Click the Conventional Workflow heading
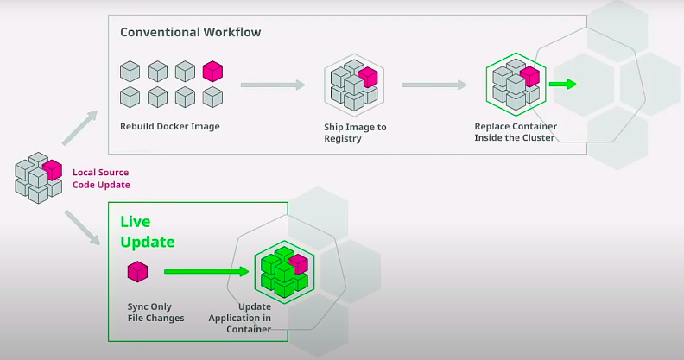click(x=190, y=32)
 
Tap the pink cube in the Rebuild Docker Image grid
click(x=212, y=71)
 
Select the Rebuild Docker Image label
click(x=169, y=126)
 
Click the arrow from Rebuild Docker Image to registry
click(x=273, y=85)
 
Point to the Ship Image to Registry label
click(x=355, y=132)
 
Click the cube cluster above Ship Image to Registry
click(x=354, y=85)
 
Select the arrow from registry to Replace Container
click(x=434, y=85)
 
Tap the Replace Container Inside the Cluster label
click(x=516, y=132)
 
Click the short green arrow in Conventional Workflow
click(x=563, y=84)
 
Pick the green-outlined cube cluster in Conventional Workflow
click(x=516, y=85)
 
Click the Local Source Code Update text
click(x=101, y=179)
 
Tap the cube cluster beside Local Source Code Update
click(x=38, y=178)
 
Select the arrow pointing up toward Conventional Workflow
click(x=79, y=128)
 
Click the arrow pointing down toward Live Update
click(x=82, y=227)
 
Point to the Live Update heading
click(x=148, y=232)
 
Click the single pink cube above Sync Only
click(x=138, y=272)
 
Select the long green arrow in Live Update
click(x=206, y=272)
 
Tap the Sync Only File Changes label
click(x=155, y=313)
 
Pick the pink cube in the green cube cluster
click(x=298, y=264)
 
